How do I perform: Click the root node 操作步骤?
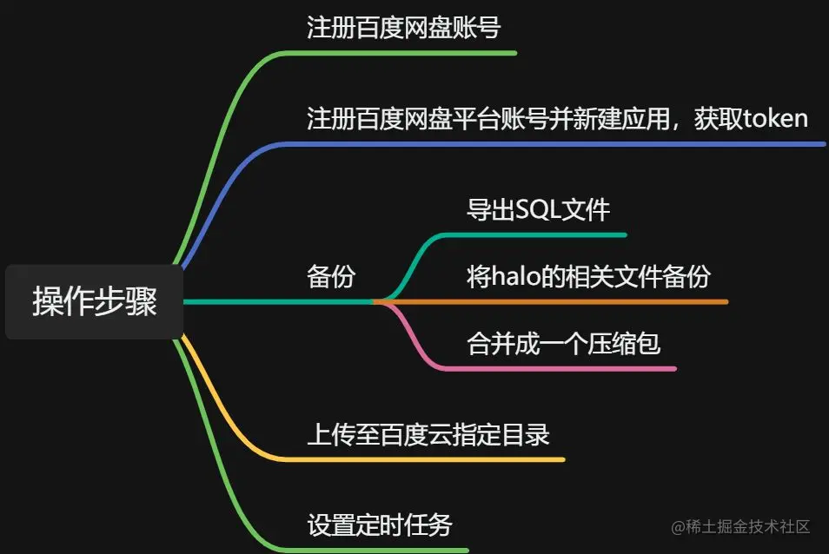(94, 301)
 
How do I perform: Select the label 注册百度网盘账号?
(403, 28)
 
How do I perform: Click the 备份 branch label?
(331, 277)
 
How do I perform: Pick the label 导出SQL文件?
(538, 210)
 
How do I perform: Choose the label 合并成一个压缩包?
(563, 344)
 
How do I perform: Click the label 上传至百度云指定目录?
(428, 434)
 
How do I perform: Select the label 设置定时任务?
(379, 525)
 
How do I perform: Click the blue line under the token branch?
(556, 143)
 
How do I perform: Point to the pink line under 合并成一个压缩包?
(565, 369)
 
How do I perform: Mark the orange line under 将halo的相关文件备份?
(565, 301)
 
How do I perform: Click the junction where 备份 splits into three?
(375, 301)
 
